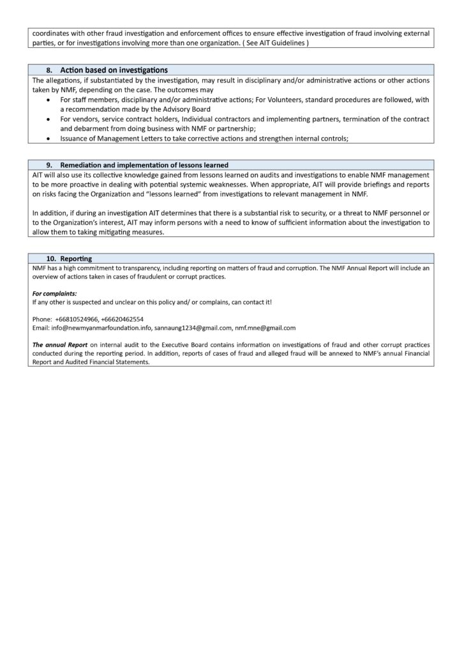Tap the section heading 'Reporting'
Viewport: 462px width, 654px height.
(76, 259)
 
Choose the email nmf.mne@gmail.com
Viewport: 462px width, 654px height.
(265, 328)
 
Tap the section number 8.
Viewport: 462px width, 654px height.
(50, 70)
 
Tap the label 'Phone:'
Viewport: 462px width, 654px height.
(41, 319)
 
